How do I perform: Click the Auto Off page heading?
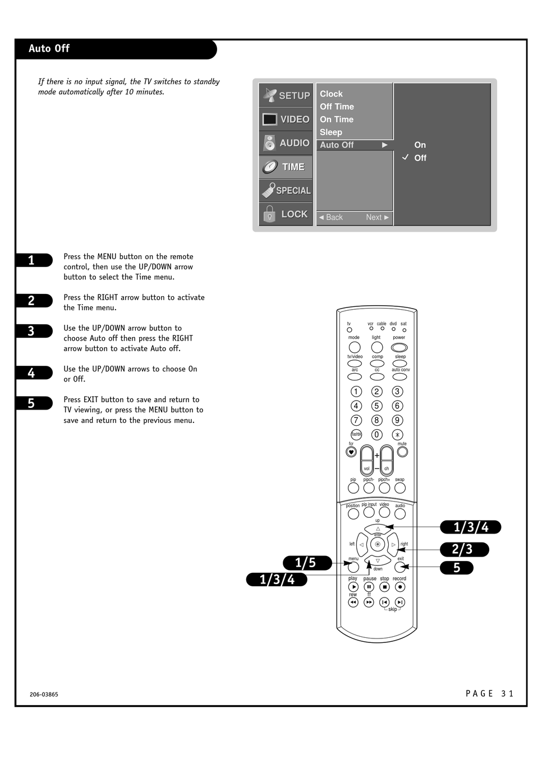pyautogui.click(x=49, y=48)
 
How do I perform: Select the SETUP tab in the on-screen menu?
pyautogui.click(x=286, y=95)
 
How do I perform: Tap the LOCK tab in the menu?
pyautogui.click(x=286, y=214)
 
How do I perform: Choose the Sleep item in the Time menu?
pyautogui.click(x=330, y=132)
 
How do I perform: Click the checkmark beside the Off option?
pyautogui.click(x=405, y=157)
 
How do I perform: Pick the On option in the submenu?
pyautogui.click(x=420, y=145)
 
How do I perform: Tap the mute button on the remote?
pyautogui.click(x=402, y=452)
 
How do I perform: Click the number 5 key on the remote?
pyautogui.click(x=376, y=406)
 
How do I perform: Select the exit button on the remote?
pyautogui.click(x=399, y=567)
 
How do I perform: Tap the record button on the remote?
pyautogui.click(x=400, y=587)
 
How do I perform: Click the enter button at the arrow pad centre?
pyautogui.click(x=378, y=544)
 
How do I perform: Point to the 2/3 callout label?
pyautogui.click(x=464, y=549)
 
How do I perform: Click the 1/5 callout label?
pyautogui.click(x=307, y=563)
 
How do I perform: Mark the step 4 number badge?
pyautogui.click(x=34, y=373)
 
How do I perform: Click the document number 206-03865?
pyautogui.click(x=44, y=694)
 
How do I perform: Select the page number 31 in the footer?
pyautogui.click(x=507, y=693)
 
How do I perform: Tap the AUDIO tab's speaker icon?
pyautogui.click(x=269, y=143)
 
